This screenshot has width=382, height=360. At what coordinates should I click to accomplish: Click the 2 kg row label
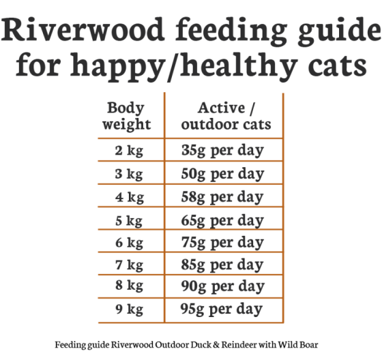tap(130, 151)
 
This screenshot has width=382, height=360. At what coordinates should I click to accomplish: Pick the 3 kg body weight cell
tap(130, 174)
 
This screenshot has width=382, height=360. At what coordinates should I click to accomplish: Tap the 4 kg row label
tap(130, 197)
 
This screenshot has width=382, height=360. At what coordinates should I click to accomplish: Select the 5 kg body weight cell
tap(130, 220)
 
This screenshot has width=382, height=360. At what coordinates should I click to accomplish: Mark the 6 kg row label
tap(130, 243)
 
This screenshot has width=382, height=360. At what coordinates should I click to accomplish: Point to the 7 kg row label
tap(130, 265)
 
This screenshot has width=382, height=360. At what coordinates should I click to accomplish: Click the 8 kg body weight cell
tap(130, 286)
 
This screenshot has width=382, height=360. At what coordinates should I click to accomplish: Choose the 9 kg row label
tap(130, 310)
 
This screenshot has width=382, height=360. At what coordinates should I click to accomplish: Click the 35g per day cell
tap(222, 151)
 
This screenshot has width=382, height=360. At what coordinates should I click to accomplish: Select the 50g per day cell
tap(222, 174)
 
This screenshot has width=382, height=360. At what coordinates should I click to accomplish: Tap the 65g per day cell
tap(222, 220)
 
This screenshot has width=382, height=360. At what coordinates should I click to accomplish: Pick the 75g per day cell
tap(222, 243)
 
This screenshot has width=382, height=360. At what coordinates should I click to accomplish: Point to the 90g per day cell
tap(222, 286)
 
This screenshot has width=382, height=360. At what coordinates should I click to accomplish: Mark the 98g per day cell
tap(222, 310)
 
